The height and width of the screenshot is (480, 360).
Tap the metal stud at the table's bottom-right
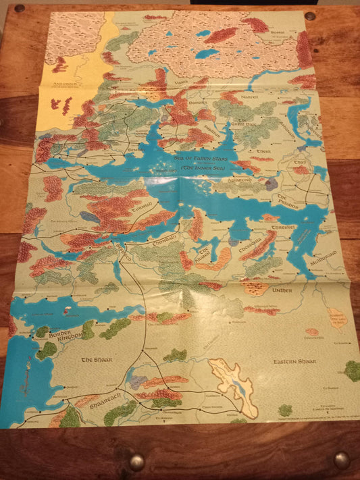tap(341, 460)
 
